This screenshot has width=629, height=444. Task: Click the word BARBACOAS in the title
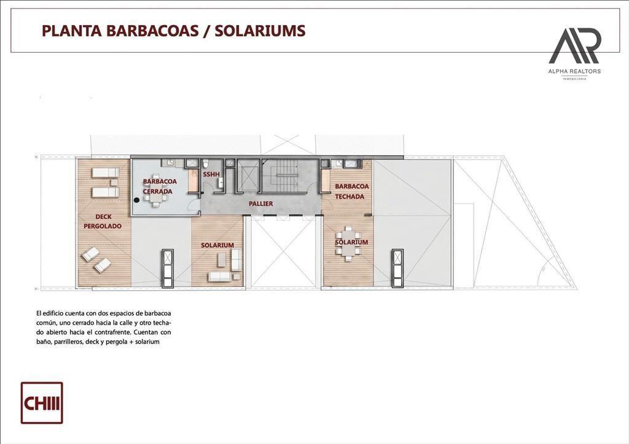[151, 31]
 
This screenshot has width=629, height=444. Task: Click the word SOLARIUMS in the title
[260, 31]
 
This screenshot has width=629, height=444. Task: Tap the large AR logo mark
[574, 45]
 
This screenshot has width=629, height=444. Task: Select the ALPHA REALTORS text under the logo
[574, 71]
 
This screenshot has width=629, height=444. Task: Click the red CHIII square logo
[42, 403]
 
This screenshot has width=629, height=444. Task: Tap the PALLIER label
[260, 204]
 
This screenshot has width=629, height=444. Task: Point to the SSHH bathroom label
[211, 175]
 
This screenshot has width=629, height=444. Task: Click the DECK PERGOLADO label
[103, 221]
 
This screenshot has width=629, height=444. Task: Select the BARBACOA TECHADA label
[351, 191]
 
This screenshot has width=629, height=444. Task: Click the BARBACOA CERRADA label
[159, 186]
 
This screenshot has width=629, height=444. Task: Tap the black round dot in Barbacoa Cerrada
[137, 200]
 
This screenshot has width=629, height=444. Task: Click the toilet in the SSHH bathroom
[206, 163]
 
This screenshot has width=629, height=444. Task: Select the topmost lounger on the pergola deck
[106, 173]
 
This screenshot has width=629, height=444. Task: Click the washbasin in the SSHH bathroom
[221, 183]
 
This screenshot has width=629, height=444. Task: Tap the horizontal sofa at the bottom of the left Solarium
[220, 276]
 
